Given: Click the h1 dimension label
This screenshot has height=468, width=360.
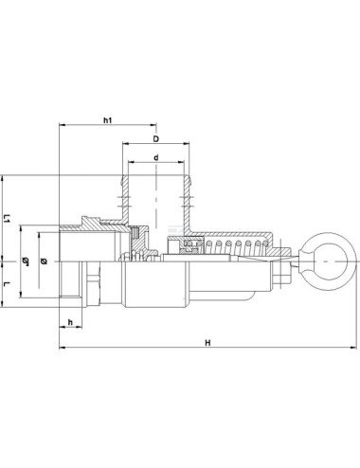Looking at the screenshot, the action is pyautogui.click(x=108, y=120).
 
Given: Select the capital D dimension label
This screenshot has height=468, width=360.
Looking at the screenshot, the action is pyautogui.click(x=156, y=139).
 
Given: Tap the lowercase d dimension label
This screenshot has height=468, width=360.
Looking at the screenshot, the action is pyautogui.click(x=156, y=157).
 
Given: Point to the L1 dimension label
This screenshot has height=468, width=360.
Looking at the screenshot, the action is pyautogui.click(x=7, y=218).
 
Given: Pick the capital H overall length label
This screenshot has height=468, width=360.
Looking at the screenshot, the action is pyautogui.click(x=207, y=343).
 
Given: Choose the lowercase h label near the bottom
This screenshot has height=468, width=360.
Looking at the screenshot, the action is pyautogui.click(x=70, y=322).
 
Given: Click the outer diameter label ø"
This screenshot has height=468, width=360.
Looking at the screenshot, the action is pyautogui.click(x=26, y=261).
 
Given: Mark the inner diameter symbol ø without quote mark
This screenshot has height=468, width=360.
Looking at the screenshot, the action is pyautogui.click(x=44, y=261).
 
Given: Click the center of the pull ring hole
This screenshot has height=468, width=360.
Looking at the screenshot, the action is pyautogui.click(x=326, y=261).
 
